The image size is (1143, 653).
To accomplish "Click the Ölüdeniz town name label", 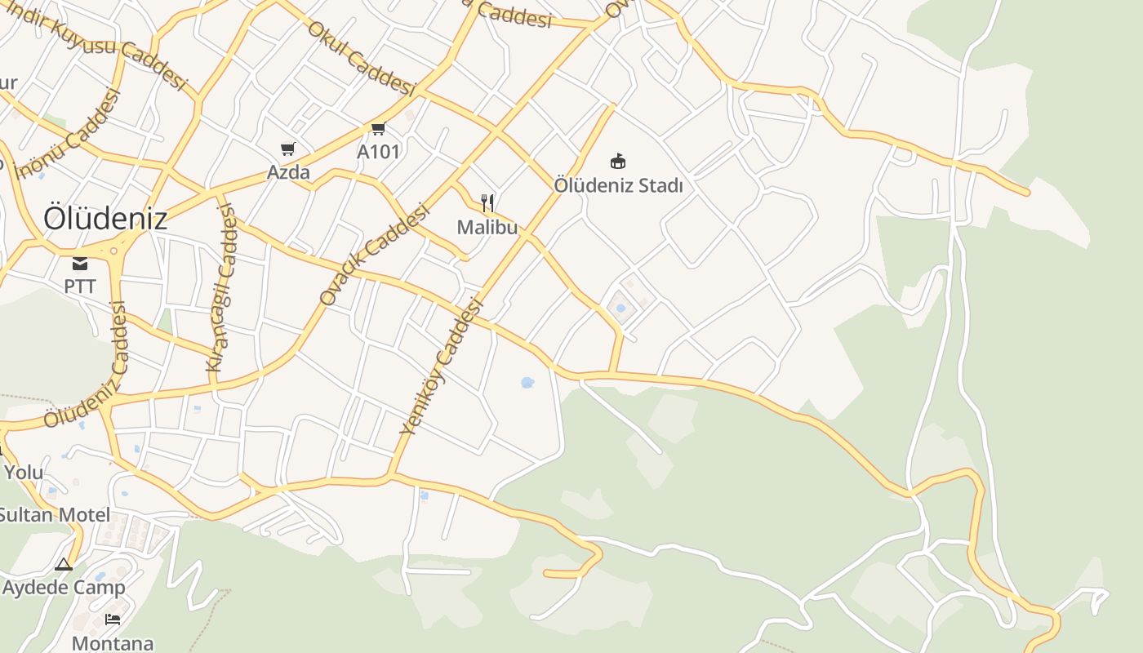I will click(105, 218).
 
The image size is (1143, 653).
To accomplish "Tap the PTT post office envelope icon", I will click(80, 264).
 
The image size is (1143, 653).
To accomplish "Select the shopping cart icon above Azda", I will click(287, 149).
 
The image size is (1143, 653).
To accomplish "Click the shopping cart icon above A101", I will click(378, 128).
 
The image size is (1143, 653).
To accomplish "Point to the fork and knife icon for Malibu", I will click(487, 202).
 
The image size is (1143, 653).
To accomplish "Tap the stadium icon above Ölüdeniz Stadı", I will click(618, 161).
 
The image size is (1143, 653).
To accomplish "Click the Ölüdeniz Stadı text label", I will click(618, 185).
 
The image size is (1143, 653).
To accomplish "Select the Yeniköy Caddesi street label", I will click(443, 366).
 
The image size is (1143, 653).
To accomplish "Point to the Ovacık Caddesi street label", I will click(374, 255).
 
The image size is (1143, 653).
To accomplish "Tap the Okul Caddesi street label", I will click(361, 56).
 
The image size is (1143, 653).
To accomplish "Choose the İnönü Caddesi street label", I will click(68, 133).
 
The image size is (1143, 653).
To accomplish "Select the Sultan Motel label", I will click(54, 514).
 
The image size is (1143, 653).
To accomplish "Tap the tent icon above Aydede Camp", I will click(64, 564).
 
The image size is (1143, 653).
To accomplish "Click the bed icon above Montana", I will click(113, 620).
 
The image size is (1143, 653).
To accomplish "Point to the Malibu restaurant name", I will click(487, 227).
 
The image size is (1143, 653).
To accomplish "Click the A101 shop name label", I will click(379, 151).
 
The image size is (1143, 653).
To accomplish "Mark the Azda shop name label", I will click(288, 171).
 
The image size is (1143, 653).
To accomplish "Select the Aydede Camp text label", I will click(64, 587).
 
